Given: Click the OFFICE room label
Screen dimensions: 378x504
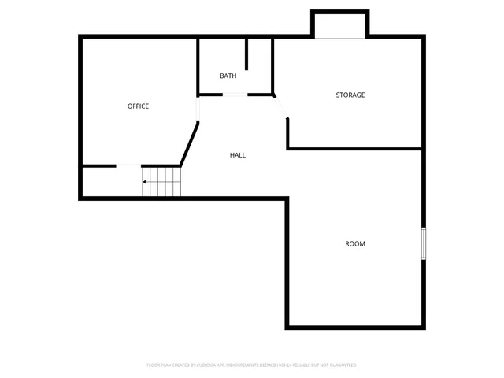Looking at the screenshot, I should point(138,106).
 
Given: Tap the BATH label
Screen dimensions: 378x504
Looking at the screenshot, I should point(228,76).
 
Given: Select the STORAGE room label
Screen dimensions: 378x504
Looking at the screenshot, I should point(350,95).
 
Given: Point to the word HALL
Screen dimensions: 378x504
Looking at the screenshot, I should point(237,155).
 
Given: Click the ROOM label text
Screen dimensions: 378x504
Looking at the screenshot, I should point(355,244).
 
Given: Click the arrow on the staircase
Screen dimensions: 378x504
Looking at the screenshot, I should point(145,182).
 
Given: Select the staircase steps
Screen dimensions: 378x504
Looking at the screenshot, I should point(162,182).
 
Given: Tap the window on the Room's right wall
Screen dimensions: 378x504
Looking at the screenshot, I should point(423,243).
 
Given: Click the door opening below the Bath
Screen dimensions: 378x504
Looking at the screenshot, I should point(235,95).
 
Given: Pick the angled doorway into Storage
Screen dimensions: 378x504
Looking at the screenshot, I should point(281,107).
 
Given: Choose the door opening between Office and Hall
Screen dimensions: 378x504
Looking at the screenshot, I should point(197,109).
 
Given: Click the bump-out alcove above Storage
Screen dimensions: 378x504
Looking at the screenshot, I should point(340,25).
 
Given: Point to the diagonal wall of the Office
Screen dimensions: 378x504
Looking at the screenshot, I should point(189,143).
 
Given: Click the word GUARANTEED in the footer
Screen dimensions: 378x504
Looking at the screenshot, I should point(340,365).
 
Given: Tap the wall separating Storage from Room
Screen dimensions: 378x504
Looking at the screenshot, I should point(354,148).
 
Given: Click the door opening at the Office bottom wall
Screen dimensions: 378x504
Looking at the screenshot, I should point(128,165).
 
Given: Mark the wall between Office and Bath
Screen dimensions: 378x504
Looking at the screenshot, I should point(197,67).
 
